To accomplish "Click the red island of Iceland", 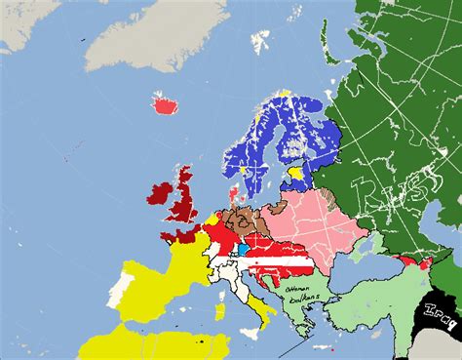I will pos(163,101).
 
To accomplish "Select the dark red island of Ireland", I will pos(157,193).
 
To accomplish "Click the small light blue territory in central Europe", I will pos(242,251).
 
